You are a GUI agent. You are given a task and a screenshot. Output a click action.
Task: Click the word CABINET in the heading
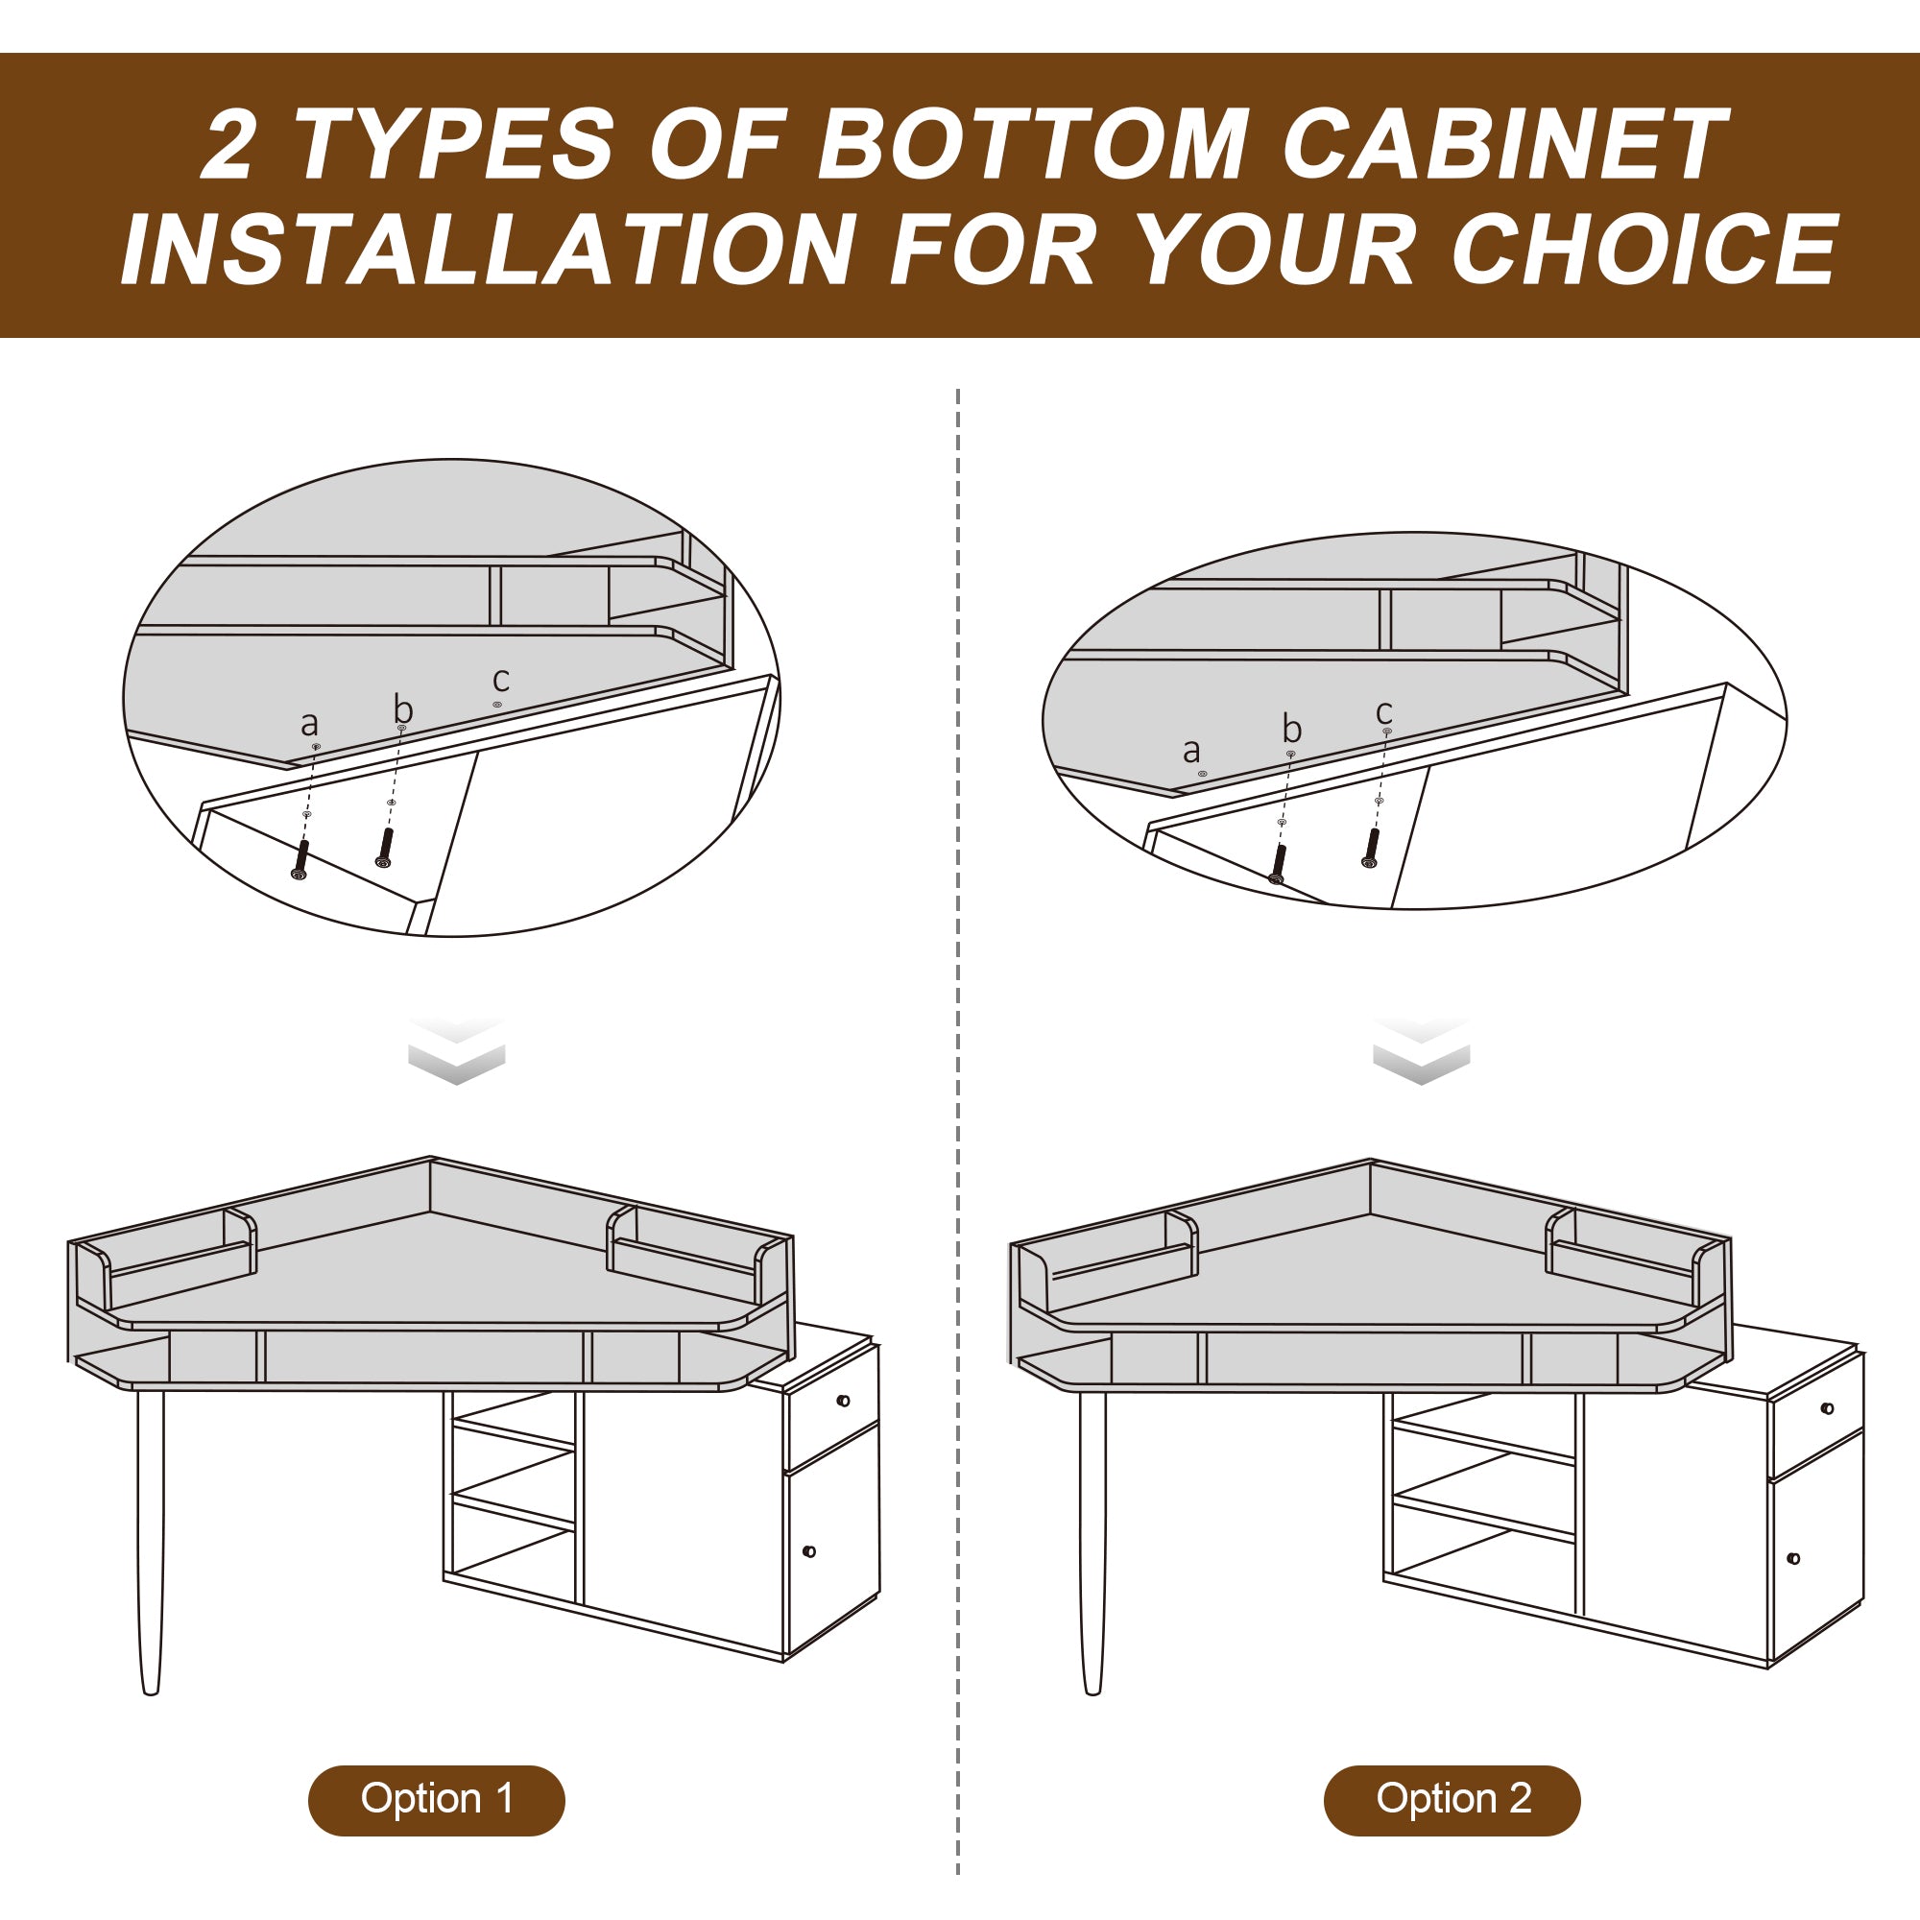click(1504, 144)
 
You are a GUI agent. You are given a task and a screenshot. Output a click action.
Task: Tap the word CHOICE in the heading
click(1644, 249)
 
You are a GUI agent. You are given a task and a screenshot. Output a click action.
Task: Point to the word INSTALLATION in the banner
click(488, 249)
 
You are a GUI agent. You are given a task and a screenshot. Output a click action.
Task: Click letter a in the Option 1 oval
click(309, 725)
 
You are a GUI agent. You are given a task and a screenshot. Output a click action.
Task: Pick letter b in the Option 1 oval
click(402, 709)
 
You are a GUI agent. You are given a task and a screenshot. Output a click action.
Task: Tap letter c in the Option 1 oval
click(501, 681)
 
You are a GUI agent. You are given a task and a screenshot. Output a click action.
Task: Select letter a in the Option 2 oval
click(1191, 752)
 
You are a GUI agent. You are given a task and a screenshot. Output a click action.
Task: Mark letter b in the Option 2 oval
click(1292, 730)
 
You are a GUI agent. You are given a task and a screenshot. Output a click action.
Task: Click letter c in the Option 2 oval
click(1384, 712)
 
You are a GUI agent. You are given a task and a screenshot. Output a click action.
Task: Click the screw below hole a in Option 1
click(300, 859)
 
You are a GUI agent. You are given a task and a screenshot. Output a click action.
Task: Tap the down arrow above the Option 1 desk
click(456, 1050)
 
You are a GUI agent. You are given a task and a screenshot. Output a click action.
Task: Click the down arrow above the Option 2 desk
click(1421, 1050)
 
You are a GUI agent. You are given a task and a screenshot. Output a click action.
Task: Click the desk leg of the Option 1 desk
click(150, 1542)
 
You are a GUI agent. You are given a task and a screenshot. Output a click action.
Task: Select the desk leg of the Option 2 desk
click(1092, 1542)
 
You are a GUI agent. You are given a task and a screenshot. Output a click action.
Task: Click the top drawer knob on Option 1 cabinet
click(844, 1402)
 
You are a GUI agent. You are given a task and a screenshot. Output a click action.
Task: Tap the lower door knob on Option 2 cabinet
click(1794, 1558)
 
